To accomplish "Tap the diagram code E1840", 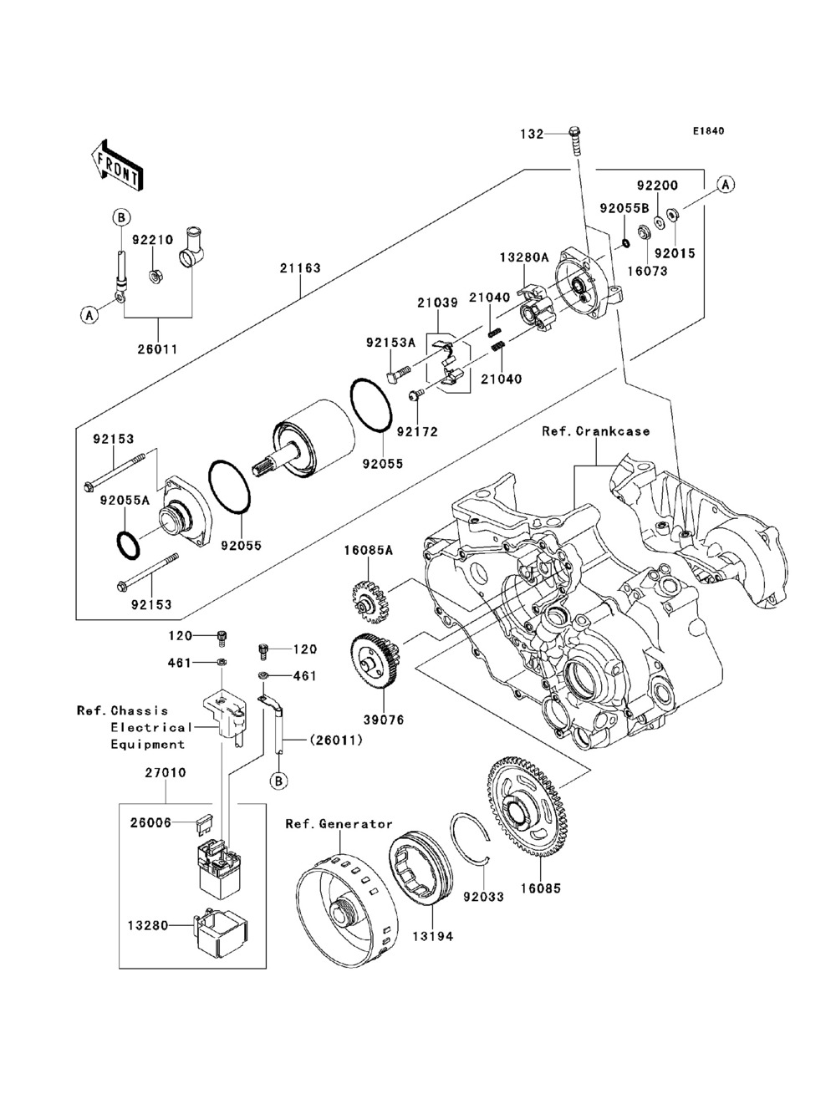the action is (708, 131).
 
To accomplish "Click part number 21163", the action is (300, 268).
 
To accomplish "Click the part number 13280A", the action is (524, 257).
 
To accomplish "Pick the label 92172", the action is (417, 431).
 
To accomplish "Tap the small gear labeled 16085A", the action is (370, 604).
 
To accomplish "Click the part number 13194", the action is (433, 937).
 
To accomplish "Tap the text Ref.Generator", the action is (339, 824).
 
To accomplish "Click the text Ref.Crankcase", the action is (596, 431).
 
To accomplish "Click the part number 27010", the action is (166, 773).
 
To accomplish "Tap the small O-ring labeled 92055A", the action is (128, 545).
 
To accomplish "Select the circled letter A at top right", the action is (726, 185).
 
